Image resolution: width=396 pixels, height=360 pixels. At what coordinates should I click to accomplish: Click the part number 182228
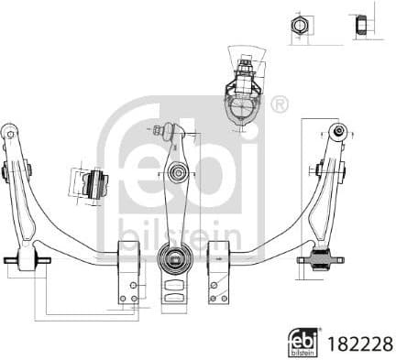(x=360, y=339)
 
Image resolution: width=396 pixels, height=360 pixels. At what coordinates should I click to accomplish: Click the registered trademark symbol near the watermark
(x=280, y=104)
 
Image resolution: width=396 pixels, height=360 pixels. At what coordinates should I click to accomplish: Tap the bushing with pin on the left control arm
(x=27, y=260)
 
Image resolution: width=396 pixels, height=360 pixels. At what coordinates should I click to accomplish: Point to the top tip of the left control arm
(x=10, y=129)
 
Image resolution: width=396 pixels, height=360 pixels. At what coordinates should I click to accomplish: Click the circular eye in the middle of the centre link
(x=177, y=171)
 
